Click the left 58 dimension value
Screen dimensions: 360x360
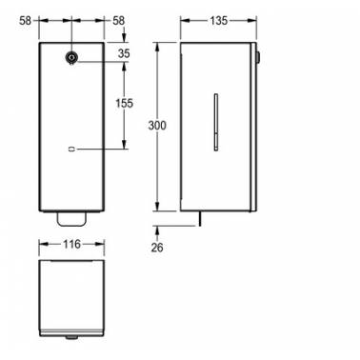click(26, 21)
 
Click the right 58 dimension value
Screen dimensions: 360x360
click(118, 21)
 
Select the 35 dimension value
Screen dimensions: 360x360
click(124, 53)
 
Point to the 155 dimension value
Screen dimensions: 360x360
click(124, 103)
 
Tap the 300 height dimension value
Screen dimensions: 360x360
click(157, 126)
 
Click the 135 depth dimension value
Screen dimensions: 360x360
click(219, 21)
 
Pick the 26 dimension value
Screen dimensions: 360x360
click(157, 248)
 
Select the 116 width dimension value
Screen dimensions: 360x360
click(71, 244)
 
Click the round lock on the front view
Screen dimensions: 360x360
click(71, 57)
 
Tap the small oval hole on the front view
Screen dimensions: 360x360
click(71, 149)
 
